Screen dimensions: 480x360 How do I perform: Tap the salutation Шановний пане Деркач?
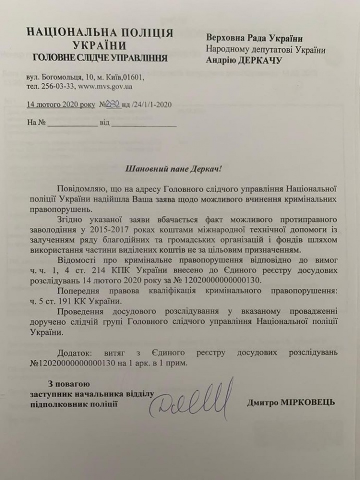pos(174,169)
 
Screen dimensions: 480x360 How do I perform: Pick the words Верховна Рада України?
pos(254,38)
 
